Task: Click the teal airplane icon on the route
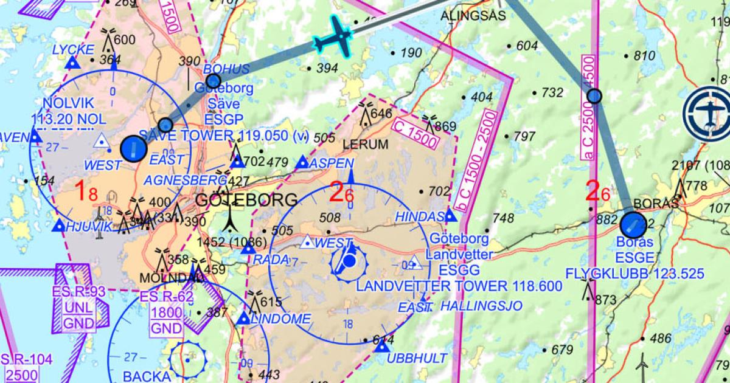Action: pos(334,37)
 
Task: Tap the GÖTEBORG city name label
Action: pos(247,200)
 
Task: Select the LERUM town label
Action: pos(365,145)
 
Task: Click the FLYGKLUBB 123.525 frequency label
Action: pos(634,273)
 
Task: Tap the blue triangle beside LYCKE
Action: pos(73,63)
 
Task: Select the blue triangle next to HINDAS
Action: pos(450,215)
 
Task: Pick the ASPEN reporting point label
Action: pos(331,163)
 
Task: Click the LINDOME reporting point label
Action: pos(280,319)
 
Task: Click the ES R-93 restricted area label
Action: pos(80,291)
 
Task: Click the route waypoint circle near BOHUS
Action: pos(213,81)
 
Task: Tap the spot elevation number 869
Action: pos(445,127)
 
